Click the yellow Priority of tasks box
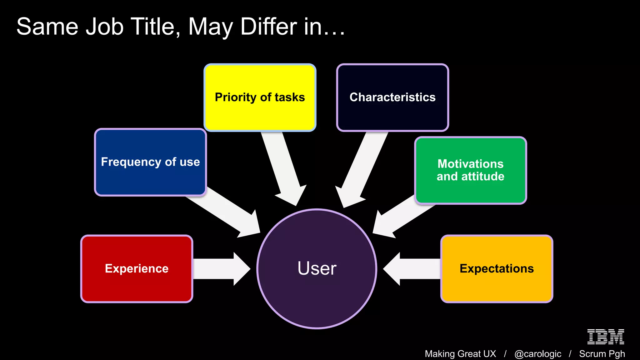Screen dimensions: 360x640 tap(260, 97)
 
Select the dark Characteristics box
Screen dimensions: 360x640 tap(392, 97)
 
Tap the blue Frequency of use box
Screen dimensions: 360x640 tap(150, 162)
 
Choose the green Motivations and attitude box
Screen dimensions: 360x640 tap(471, 170)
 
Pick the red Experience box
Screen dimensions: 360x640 tap(137, 269)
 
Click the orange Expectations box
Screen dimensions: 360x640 tap(497, 269)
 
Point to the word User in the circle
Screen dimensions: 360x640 tap(317, 268)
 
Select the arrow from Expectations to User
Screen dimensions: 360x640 tap(412, 269)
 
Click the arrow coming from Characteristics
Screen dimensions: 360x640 tap(362, 169)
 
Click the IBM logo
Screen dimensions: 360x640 tap(605, 337)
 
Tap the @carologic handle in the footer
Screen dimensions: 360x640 tap(537, 354)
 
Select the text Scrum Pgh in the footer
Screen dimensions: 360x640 tap(602, 354)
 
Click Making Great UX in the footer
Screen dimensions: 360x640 tap(460, 354)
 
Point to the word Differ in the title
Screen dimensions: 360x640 tap(268, 27)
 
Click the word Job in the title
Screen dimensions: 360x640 tap(105, 27)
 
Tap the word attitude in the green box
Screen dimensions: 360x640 tap(483, 177)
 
